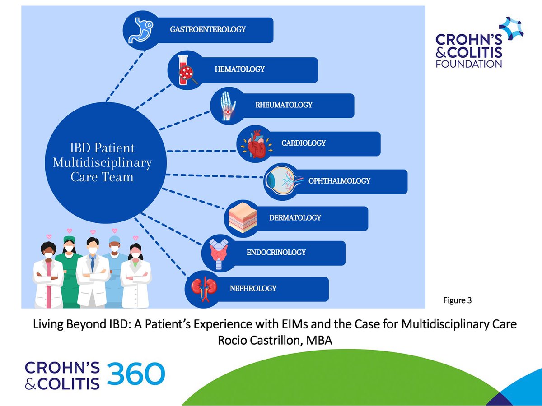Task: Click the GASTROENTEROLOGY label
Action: click(x=208, y=29)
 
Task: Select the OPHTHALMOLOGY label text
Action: click(x=339, y=181)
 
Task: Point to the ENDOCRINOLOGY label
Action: click(x=276, y=253)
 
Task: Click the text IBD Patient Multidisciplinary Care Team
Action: click(x=102, y=162)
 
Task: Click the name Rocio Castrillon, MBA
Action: click(x=275, y=341)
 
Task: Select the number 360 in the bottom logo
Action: click(x=136, y=374)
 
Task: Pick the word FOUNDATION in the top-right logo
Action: click(x=468, y=64)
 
